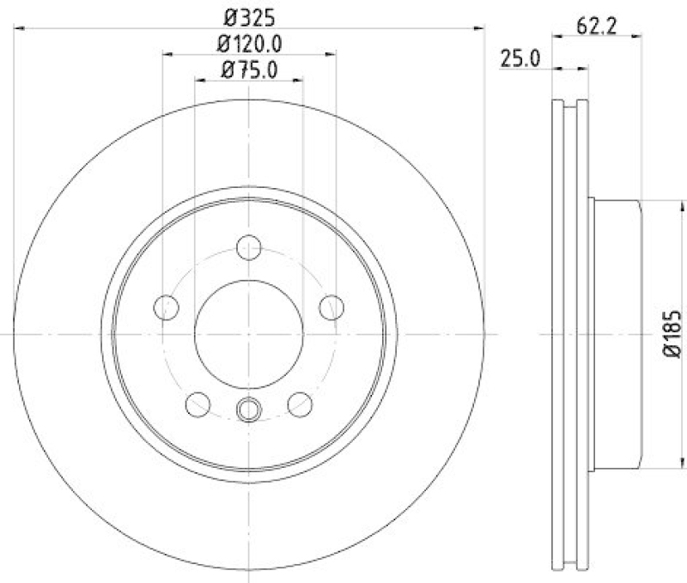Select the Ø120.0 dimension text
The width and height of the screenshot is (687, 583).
pos(250,42)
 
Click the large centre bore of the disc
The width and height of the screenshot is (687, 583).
pos(249,333)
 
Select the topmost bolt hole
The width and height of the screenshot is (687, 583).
pos(249,246)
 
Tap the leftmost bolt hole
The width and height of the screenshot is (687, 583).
pos(166,306)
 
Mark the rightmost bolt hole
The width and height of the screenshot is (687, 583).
pos(332,306)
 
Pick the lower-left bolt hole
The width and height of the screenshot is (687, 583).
pos(198,403)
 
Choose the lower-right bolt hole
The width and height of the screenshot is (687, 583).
pos(301,403)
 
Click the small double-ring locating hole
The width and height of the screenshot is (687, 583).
pos(249,410)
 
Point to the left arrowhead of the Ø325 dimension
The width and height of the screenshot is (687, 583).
pos(19,28)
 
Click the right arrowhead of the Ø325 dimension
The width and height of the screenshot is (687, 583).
pos(479,28)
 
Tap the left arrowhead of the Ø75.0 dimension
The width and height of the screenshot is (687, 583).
pos(200,80)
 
